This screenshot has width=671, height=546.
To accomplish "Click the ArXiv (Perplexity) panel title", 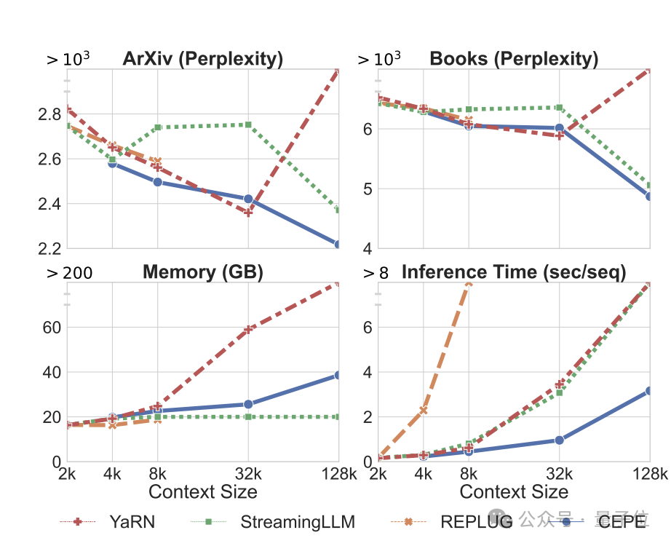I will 203,59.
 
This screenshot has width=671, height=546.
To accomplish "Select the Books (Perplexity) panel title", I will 514,59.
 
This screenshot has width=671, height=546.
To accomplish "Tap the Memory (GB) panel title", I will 203,272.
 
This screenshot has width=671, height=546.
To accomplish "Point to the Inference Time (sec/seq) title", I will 514,272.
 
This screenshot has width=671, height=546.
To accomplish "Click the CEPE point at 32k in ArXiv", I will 248,199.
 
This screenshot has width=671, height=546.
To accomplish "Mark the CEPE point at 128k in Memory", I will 339,375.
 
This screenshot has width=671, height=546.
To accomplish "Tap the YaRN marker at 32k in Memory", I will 248,329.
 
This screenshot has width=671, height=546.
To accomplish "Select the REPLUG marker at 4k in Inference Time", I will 423,411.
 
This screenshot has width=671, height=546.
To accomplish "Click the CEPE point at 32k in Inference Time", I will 559,440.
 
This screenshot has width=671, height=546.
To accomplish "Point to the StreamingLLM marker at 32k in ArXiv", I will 248,124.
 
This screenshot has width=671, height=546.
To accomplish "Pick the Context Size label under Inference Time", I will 514,492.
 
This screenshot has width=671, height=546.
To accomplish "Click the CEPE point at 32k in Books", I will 559,128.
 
